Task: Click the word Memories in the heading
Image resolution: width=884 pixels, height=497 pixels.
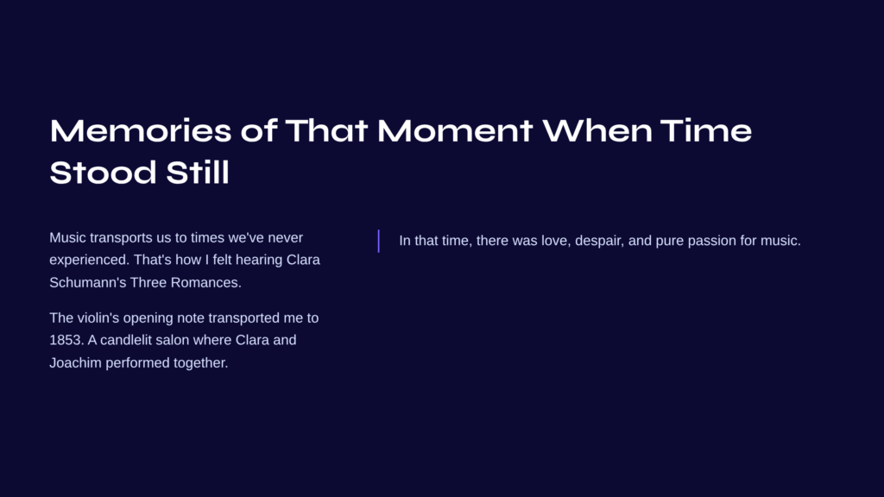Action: pyautogui.click(x=141, y=130)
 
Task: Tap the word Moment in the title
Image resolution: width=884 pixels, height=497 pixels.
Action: pyautogui.click(x=454, y=130)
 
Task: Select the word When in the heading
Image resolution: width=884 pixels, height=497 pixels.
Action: pyautogui.click(x=597, y=130)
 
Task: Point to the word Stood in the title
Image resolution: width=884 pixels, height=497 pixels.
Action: pyautogui.click(x=103, y=172)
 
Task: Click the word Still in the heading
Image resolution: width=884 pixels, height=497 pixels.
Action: pyautogui.click(x=198, y=172)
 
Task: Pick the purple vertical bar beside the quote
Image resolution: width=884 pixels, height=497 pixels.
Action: pyautogui.click(x=378, y=241)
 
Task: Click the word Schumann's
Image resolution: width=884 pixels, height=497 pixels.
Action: pyautogui.click(x=87, y=282)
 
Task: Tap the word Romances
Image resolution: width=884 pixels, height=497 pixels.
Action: pyautogui.click(x=205, y=282)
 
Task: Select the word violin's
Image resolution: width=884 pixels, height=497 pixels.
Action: pyautogui.click(x=98, y=318)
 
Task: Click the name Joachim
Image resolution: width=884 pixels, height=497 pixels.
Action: pyautogui.click(x=75, y=363)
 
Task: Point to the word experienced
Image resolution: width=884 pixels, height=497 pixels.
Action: pyautogui.click(x=89, y=261)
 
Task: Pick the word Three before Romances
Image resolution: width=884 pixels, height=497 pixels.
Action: pyautogui.click(x=148, y=282)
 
